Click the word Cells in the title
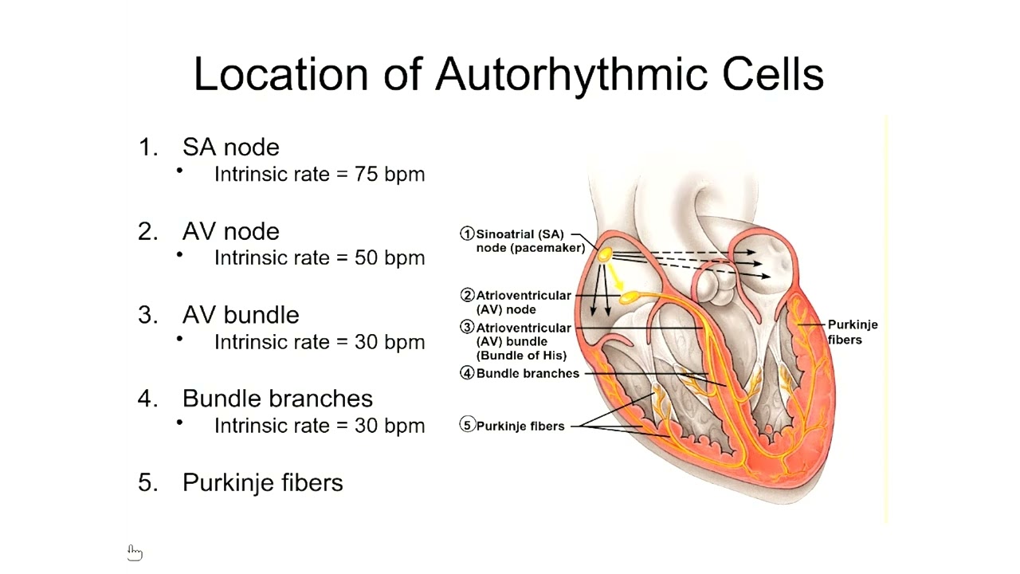click(772, 74)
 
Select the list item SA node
click(230, 147)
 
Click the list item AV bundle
click(241, 315)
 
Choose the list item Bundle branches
click(277, 399)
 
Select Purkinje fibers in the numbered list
click(262, 482)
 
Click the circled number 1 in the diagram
click(468, 234)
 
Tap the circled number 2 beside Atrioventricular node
click(468, 296)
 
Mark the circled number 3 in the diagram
click(468, 328)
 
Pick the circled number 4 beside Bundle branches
click(468, 373)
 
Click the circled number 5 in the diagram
click(468, 426)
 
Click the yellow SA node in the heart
click(604, 255)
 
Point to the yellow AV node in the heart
click(630, 297)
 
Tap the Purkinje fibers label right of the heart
click(852, 332)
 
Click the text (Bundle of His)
click(521, 356)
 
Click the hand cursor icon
click(135, 552)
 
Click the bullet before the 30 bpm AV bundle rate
click(180, 338)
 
